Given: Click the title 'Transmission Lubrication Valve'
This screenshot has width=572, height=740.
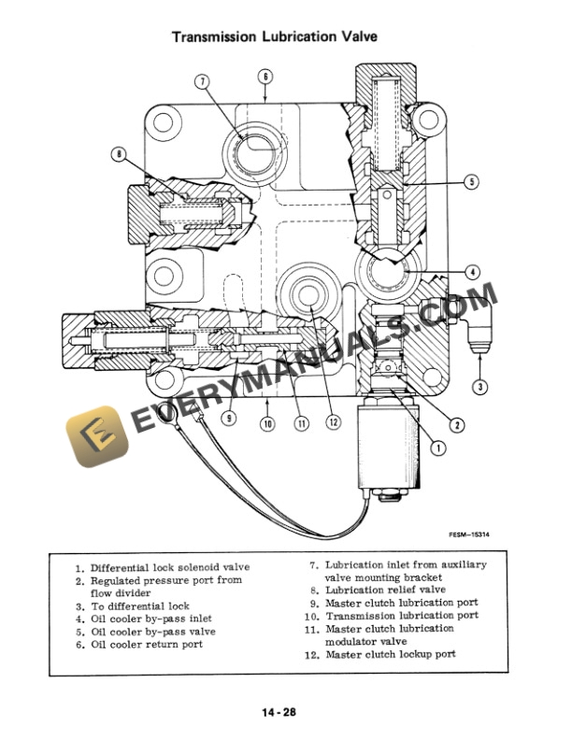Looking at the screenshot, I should pos(285,38).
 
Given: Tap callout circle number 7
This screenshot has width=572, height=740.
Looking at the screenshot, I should pos(202,81).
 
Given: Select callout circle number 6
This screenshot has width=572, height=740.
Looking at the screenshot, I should pos(265,76).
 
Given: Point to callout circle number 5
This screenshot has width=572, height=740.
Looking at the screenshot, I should pos(471,180).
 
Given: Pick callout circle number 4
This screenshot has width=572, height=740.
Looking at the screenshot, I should pos(472,272).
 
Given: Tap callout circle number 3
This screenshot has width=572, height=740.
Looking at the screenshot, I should pos(479,386).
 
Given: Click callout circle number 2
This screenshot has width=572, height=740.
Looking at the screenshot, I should pos(456,425).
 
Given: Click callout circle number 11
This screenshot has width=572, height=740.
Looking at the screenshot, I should pos(301,423).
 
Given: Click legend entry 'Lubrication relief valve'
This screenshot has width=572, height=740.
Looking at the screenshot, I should pos(384,590).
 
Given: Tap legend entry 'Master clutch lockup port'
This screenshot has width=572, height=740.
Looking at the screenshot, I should pos(390,654).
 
